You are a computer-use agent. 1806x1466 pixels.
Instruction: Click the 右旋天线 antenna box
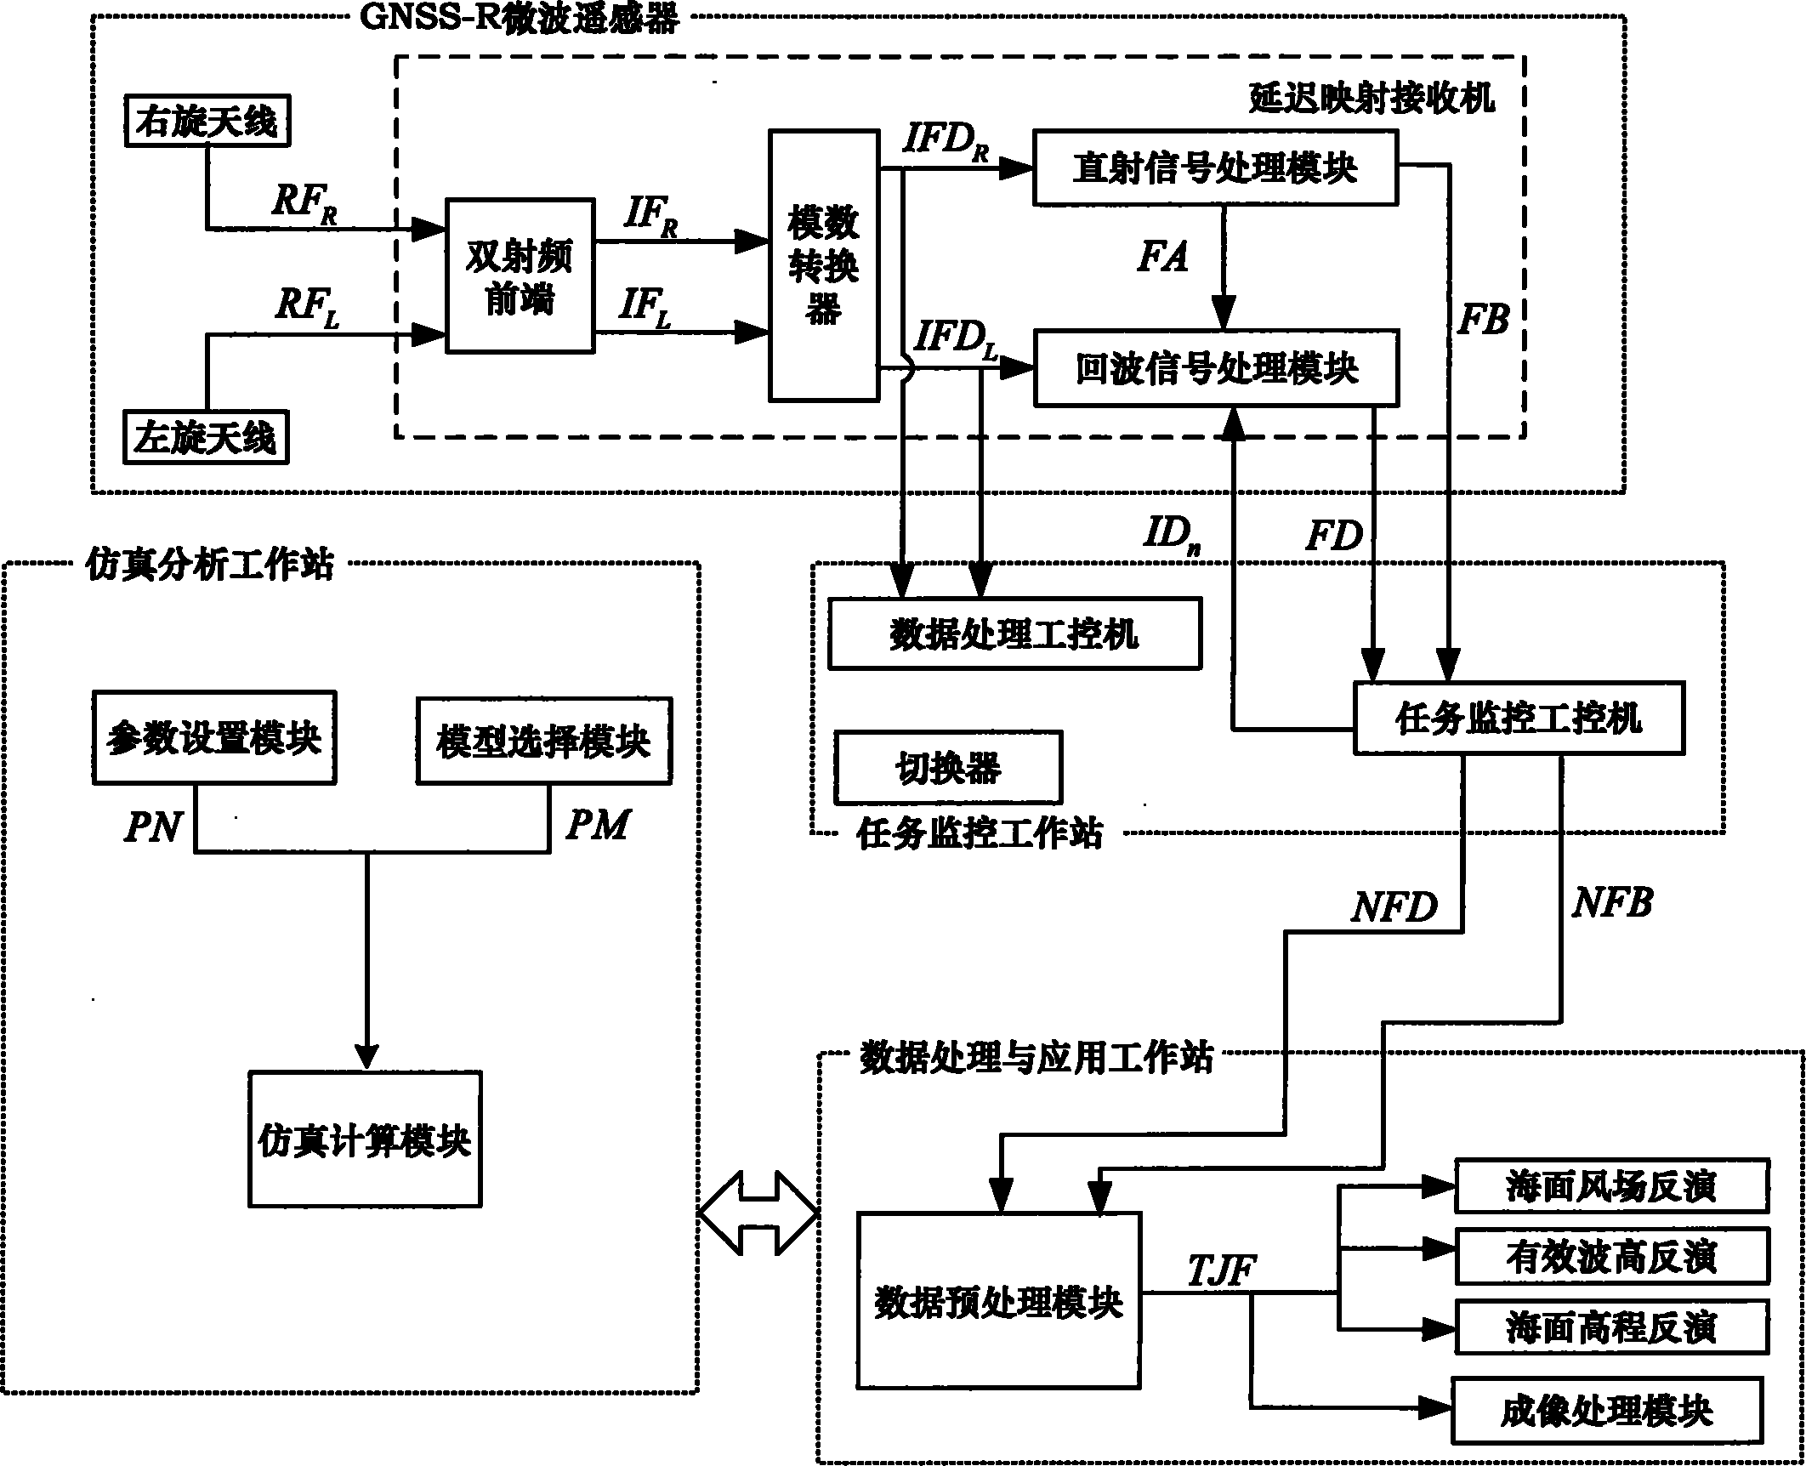[x=206, y=122]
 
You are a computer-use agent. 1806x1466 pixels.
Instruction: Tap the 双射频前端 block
[x=520, y=276]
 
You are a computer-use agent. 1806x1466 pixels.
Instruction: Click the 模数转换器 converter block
[x=823, y=265]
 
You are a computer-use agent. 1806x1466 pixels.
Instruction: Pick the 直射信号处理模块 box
[x=1214, y=168]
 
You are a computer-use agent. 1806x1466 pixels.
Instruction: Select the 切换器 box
[x=948, y=768]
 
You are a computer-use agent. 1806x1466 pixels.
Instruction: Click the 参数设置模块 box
[x=213, y=738]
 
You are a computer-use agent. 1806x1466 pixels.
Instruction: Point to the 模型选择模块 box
[x=543, y=741]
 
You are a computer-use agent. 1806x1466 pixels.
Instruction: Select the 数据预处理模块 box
[x=998, y=1302]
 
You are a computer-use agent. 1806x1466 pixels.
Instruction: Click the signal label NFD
[x=1394, y=908]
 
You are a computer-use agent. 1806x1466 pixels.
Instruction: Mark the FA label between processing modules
[x=1162, y=256]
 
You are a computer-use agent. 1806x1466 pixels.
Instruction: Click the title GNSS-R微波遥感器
[x=520, y=17]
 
